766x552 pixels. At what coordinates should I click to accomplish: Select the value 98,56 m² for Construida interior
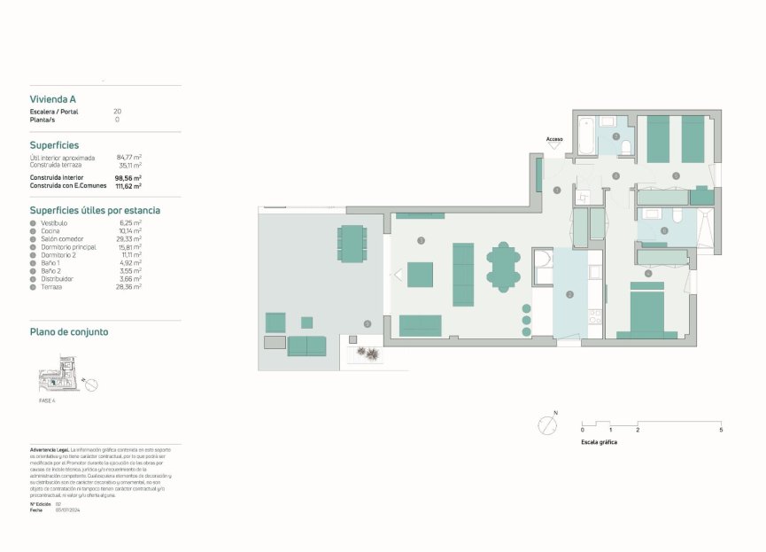[128, 178]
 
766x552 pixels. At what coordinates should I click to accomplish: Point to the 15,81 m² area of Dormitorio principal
[130, 247]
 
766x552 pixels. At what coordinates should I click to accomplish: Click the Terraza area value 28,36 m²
[130, 287]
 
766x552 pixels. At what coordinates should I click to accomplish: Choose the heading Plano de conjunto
[69, 332]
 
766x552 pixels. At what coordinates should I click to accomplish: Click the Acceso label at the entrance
[554, 139]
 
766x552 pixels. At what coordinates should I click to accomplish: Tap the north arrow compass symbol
[546, 424]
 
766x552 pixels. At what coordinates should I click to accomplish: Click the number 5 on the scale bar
[721, 430]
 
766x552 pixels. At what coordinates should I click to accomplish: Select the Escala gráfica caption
[599, 441]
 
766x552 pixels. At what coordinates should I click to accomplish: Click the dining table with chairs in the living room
[503, 267]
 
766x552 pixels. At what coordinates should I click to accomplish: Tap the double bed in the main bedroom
[647, 311]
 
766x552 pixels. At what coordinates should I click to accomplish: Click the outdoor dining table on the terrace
[352, 243]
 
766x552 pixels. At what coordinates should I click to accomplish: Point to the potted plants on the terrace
[368, 354]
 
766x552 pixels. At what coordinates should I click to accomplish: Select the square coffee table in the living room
[420, 273]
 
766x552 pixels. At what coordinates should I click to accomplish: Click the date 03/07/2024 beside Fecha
[67, 509]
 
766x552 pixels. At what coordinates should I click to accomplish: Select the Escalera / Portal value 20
[117, 112]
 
